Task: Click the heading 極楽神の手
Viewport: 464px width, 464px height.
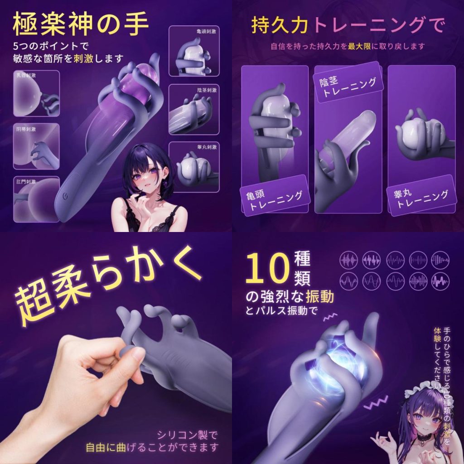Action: pos(81,25)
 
